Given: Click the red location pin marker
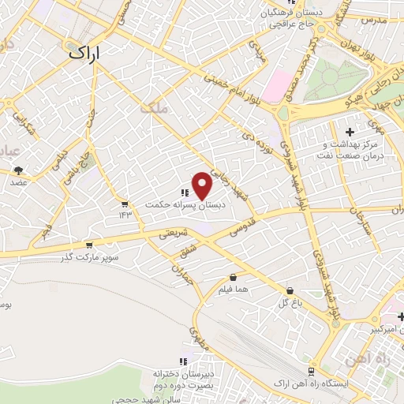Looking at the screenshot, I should (x=204, y=185).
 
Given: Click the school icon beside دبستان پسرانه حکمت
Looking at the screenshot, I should (x=184, y=193).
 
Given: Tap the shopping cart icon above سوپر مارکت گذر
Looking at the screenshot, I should (x=88, y=245).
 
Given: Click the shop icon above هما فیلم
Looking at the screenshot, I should (x=234, y=277).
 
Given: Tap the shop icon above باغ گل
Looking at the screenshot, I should (x=290, y=290).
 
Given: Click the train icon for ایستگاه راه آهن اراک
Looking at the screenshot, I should (x=312, y=371).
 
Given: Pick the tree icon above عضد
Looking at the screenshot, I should (x=18, y=170).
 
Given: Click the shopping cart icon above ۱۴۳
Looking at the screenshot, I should (x=124, y=202).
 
